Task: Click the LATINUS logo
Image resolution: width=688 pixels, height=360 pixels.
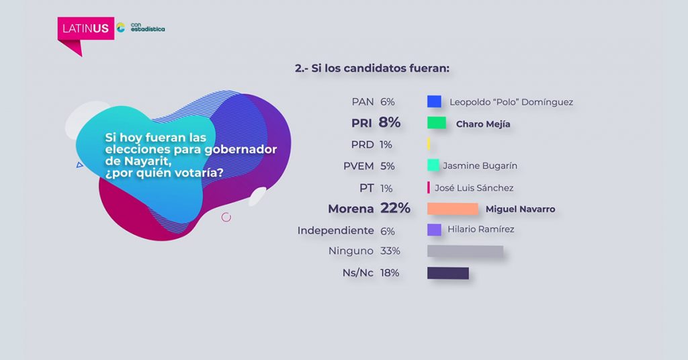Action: tap(85, 28)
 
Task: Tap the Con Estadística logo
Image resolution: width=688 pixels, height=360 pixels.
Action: tap(140, 28)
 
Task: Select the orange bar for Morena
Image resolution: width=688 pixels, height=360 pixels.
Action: tap(453, 209)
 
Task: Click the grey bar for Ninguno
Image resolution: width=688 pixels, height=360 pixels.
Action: tap(465, 251)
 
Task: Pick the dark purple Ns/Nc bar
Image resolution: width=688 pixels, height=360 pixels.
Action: tap(447, 273)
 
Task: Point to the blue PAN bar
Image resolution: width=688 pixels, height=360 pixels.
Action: tap(434, 102)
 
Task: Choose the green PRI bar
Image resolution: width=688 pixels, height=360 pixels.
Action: tap(437, 123)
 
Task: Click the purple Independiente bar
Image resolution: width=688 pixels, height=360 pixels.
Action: tap(434, 230)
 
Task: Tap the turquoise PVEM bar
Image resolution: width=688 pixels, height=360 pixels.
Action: tap(433, 165)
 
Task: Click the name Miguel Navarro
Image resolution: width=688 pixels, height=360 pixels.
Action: tap(520, 210)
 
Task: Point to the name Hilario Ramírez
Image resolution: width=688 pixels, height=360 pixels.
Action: tap(480, 230)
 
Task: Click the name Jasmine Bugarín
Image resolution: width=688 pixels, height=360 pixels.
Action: tap(480, 166)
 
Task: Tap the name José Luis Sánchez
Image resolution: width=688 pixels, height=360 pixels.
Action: tap(474, 188)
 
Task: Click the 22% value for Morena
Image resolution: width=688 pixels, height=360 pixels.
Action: tap(395, 209)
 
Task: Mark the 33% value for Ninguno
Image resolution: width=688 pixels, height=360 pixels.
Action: tap(390, 251)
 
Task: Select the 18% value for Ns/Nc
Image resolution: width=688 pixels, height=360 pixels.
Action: tap(390, 273)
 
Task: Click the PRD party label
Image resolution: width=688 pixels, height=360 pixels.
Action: tap(362, 144)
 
